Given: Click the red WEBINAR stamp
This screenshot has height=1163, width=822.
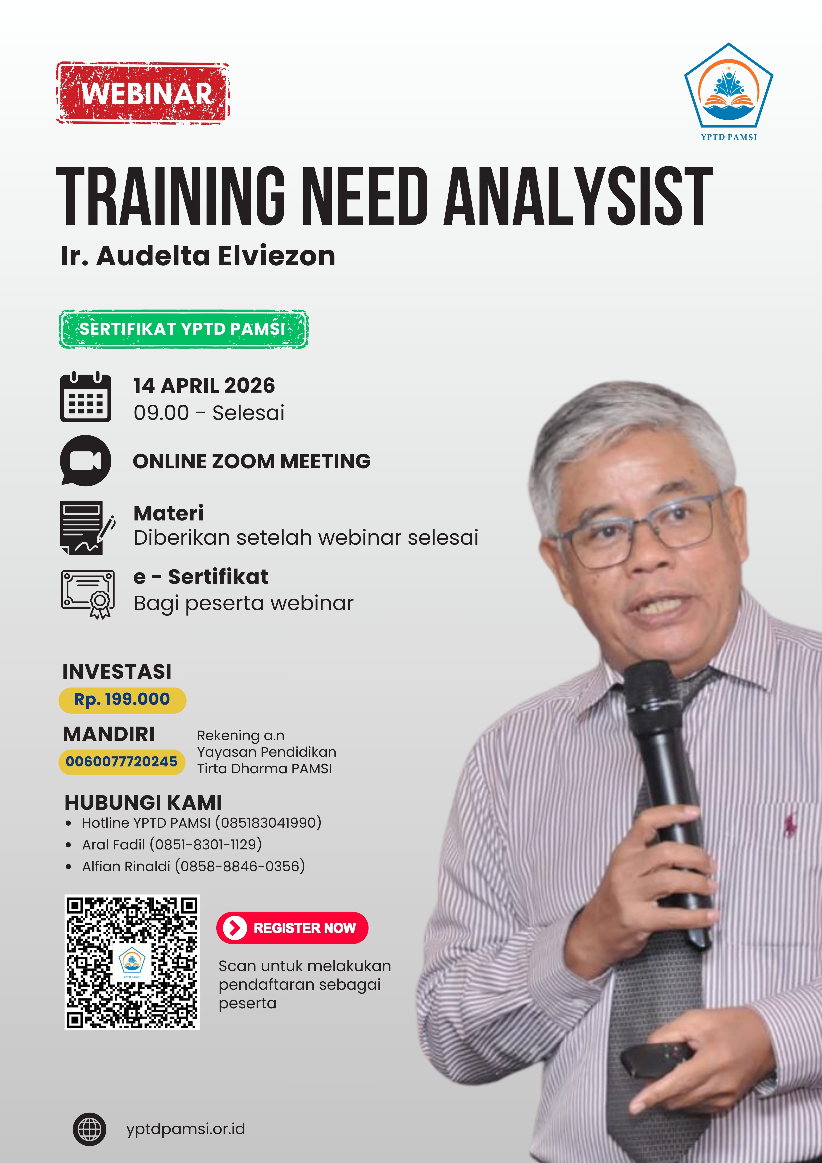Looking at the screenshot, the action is pyautogui.click(x=143, y=93).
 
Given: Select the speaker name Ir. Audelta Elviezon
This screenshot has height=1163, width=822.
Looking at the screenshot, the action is pyautogui.click(x=198, y=256).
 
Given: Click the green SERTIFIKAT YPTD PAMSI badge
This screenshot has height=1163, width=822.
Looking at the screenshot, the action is pyautogui.click(x=183, y=329).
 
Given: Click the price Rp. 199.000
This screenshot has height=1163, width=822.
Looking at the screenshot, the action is pyautogui.click(x=122, y=699).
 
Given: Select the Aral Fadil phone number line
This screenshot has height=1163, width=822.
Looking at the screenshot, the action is pyautogui.click(x=172, y=844).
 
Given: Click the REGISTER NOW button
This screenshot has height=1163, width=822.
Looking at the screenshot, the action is pyautogui.click(x=292, y=928).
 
